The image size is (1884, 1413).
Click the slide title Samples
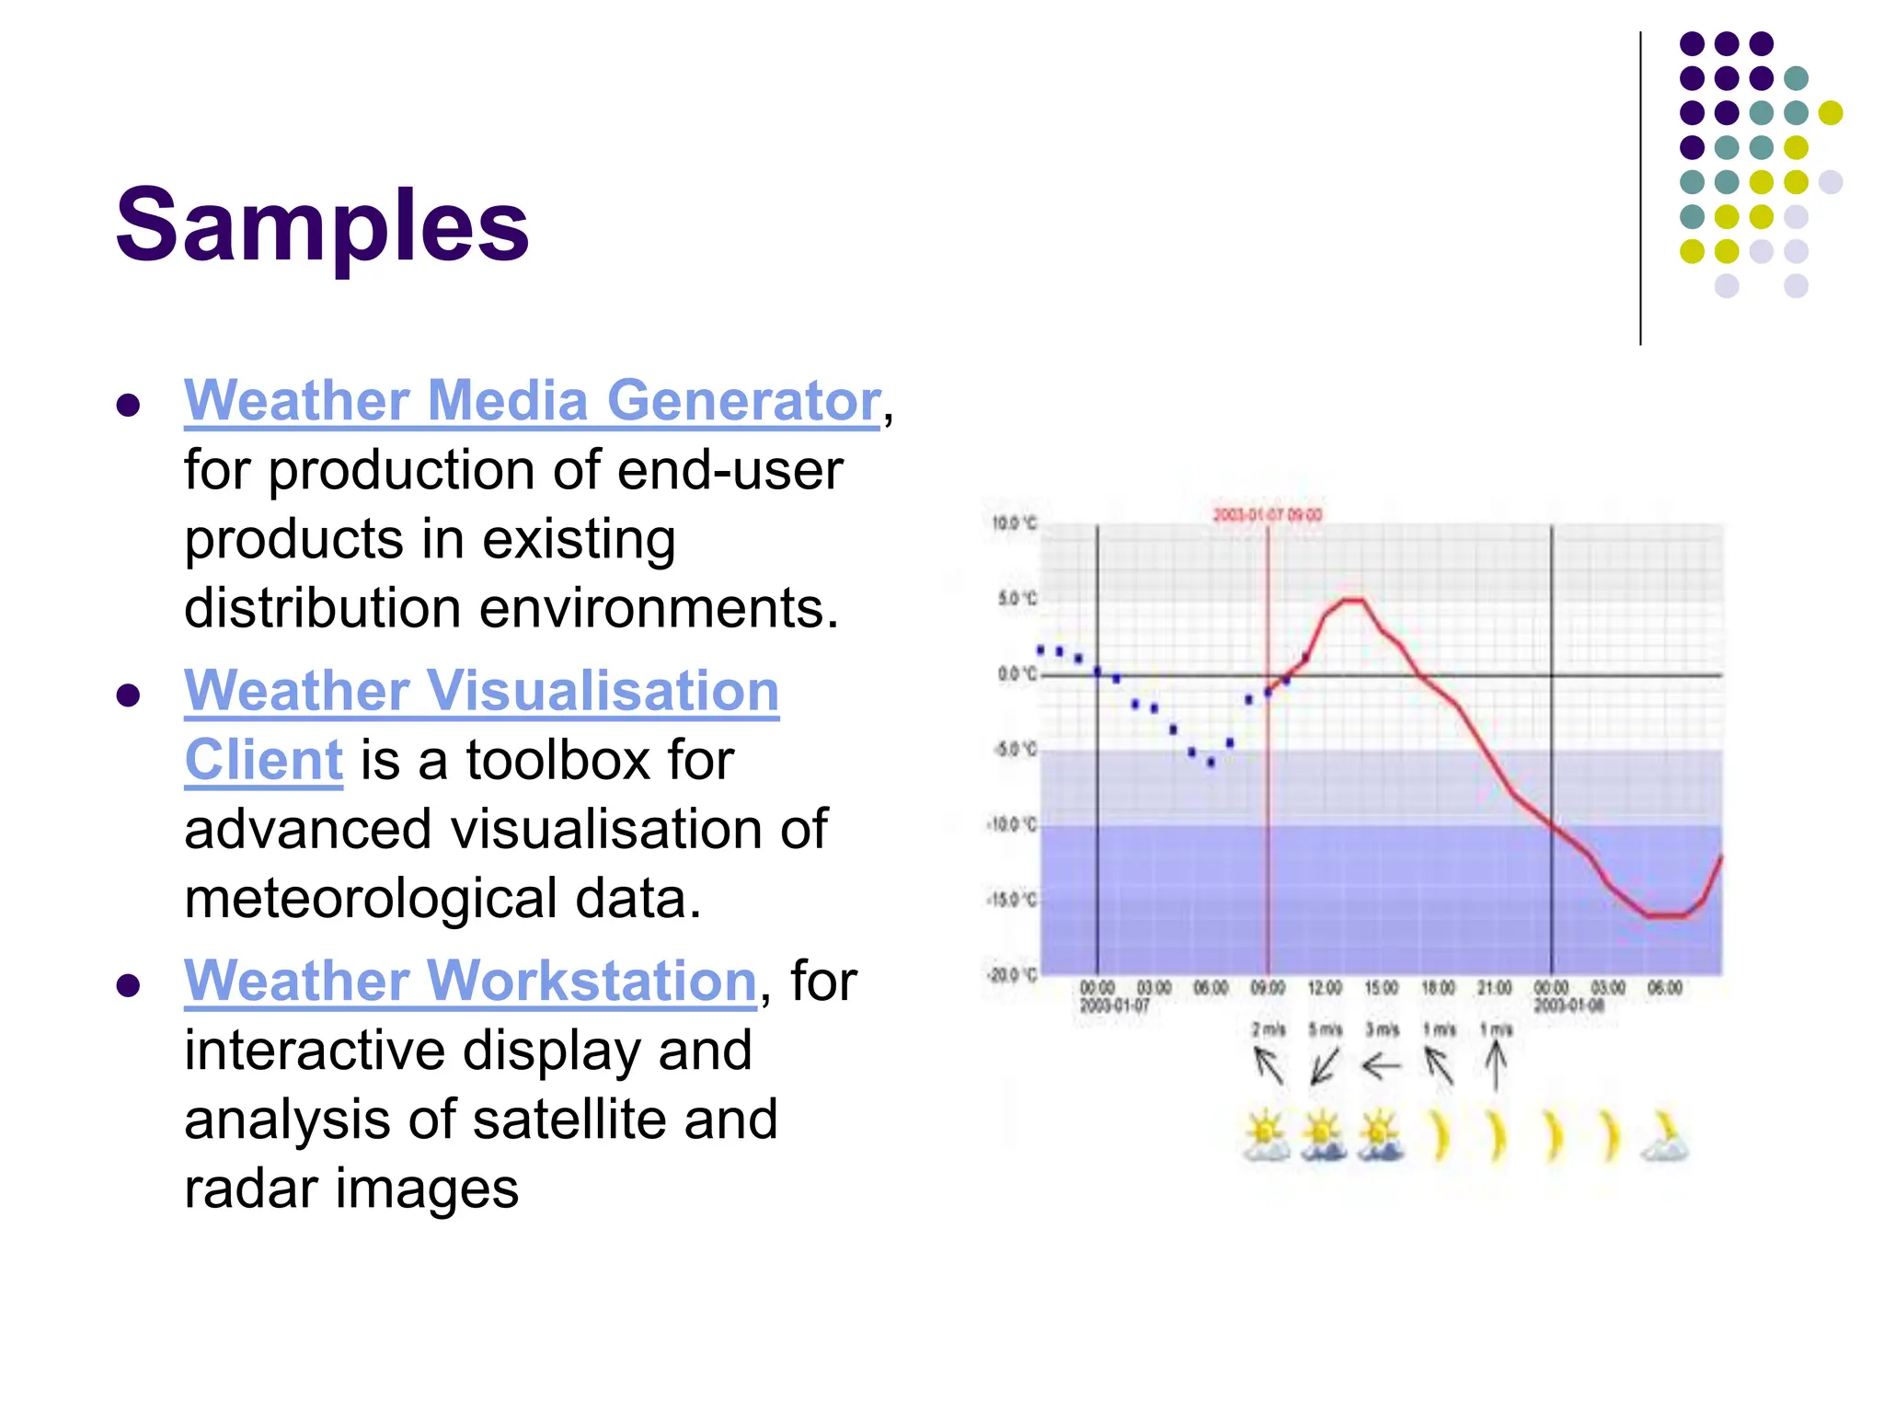coord(322,225)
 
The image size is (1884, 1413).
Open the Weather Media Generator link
coord(532,401)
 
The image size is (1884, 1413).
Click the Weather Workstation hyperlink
coord(470,981)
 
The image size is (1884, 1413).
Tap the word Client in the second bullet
coord(263,761)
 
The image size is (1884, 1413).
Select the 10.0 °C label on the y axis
coord(1013,523)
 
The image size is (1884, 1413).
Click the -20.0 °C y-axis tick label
coord(1011,975)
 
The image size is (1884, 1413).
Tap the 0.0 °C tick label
coord(1016,674)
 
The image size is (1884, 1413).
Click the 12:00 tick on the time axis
coord(1325,988)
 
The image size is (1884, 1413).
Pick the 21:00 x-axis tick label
coord(1495,988)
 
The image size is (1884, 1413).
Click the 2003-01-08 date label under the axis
coord(1569,1005)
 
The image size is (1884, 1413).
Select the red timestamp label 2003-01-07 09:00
coord(1267,514)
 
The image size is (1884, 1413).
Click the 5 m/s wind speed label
coord(1325,1029)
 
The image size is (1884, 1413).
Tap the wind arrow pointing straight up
coord(1496,1067)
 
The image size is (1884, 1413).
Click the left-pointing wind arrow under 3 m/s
coord(1381,1067)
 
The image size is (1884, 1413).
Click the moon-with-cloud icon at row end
coord(1665,1137)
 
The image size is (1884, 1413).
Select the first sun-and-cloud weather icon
coord(1266,1137)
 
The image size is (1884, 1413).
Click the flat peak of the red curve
coord(1352,601)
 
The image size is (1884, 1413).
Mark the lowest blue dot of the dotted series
coord(1211,763)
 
